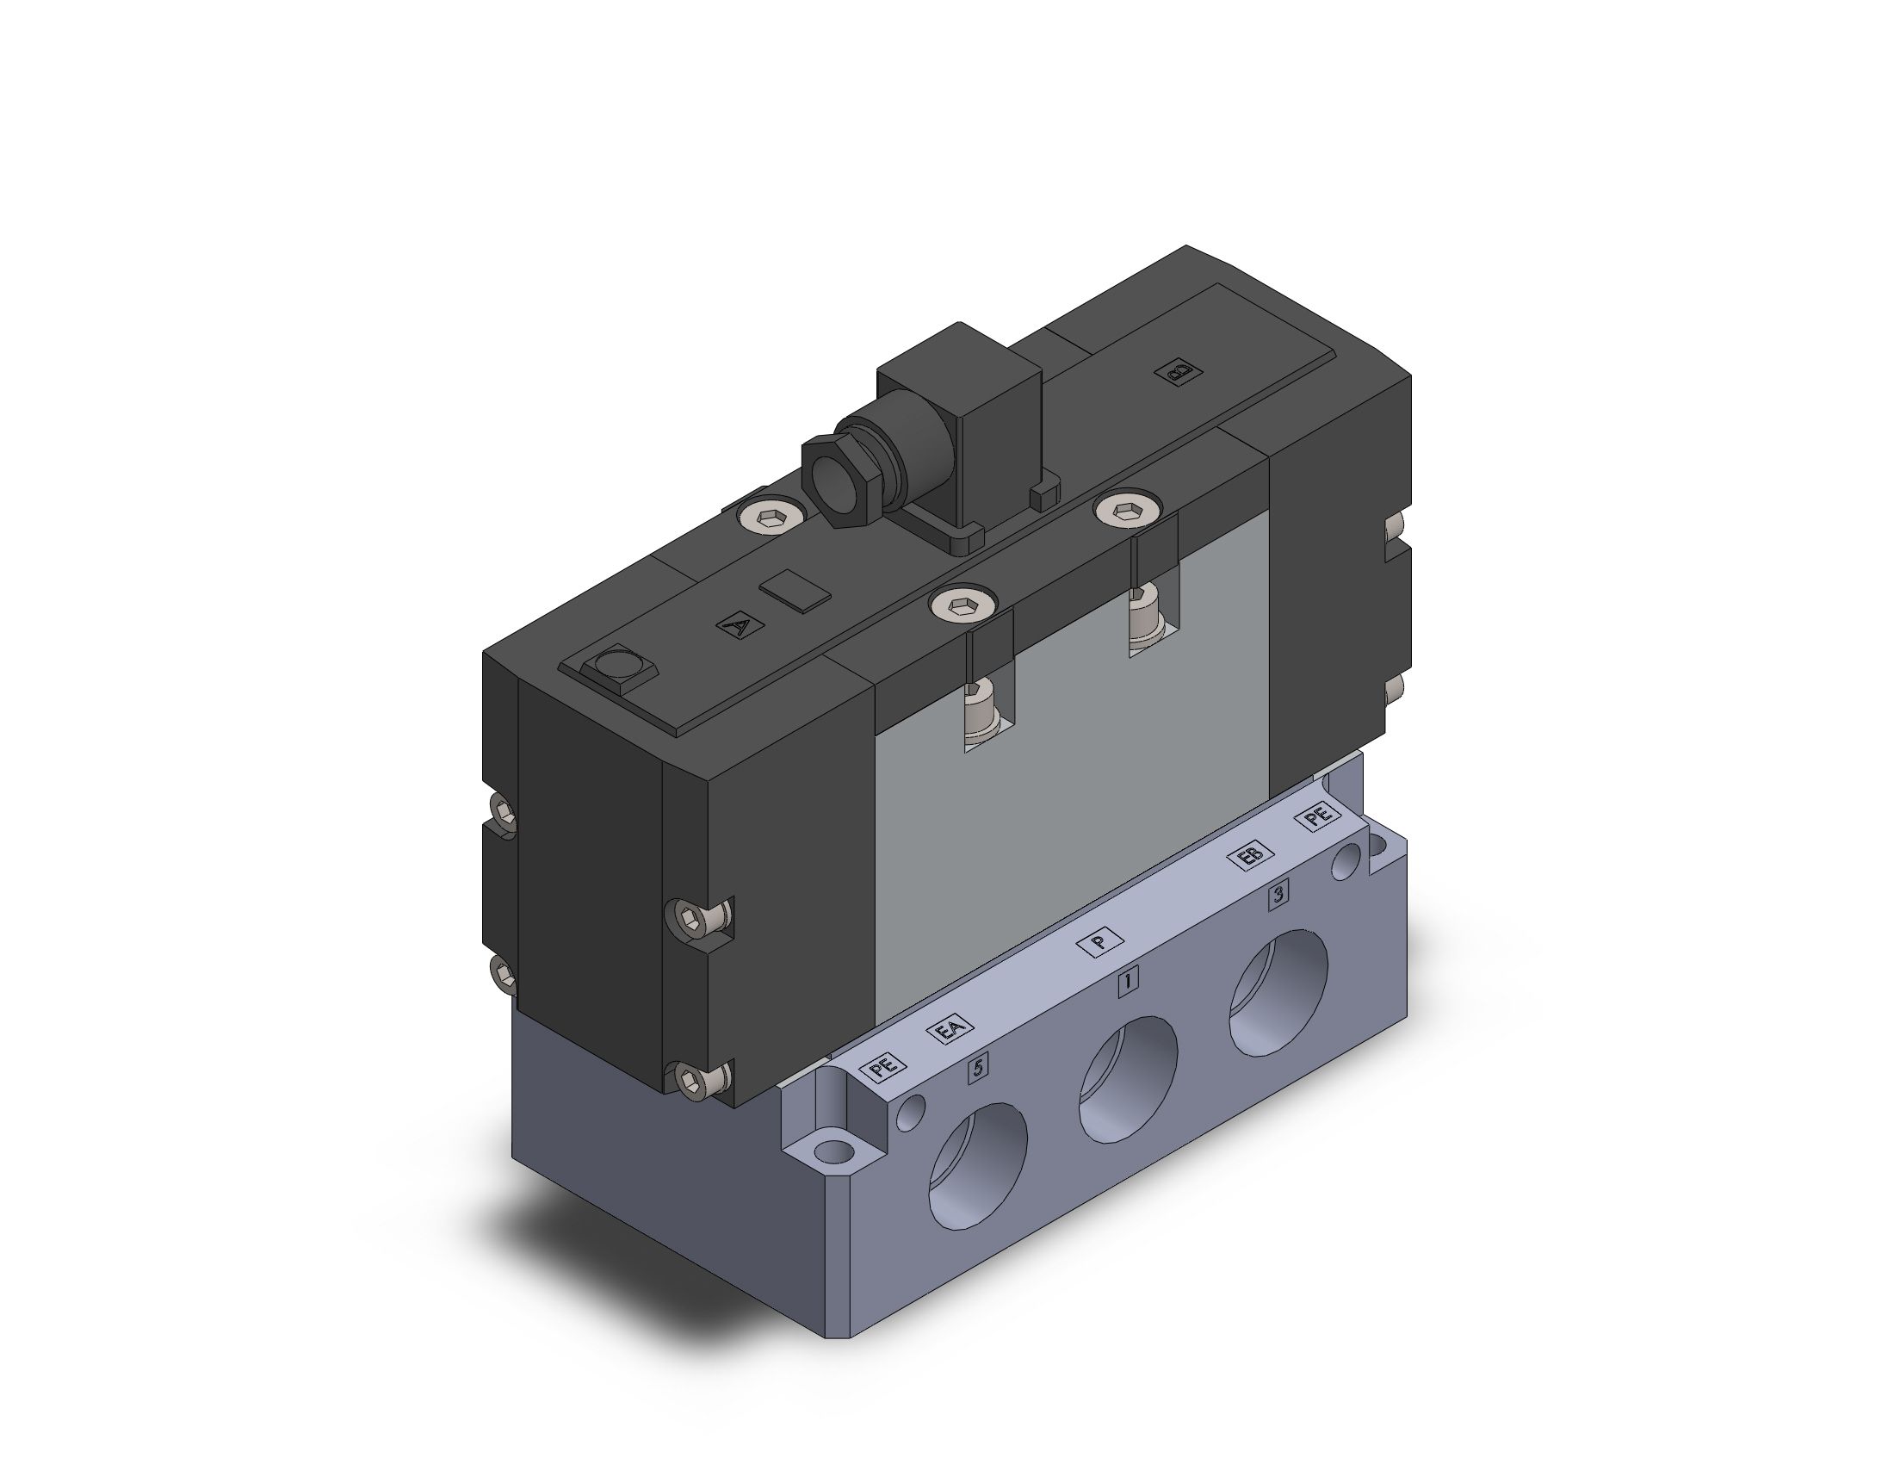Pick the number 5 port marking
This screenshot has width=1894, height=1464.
click(x=978, y=1068)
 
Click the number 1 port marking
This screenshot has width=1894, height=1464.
click(x=1128, y=983)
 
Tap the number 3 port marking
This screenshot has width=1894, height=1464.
click(x=1277, y=896)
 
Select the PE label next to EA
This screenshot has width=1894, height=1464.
click(x=882, y=1066)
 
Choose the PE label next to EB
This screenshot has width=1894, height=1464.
click(x=1317, y=817)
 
